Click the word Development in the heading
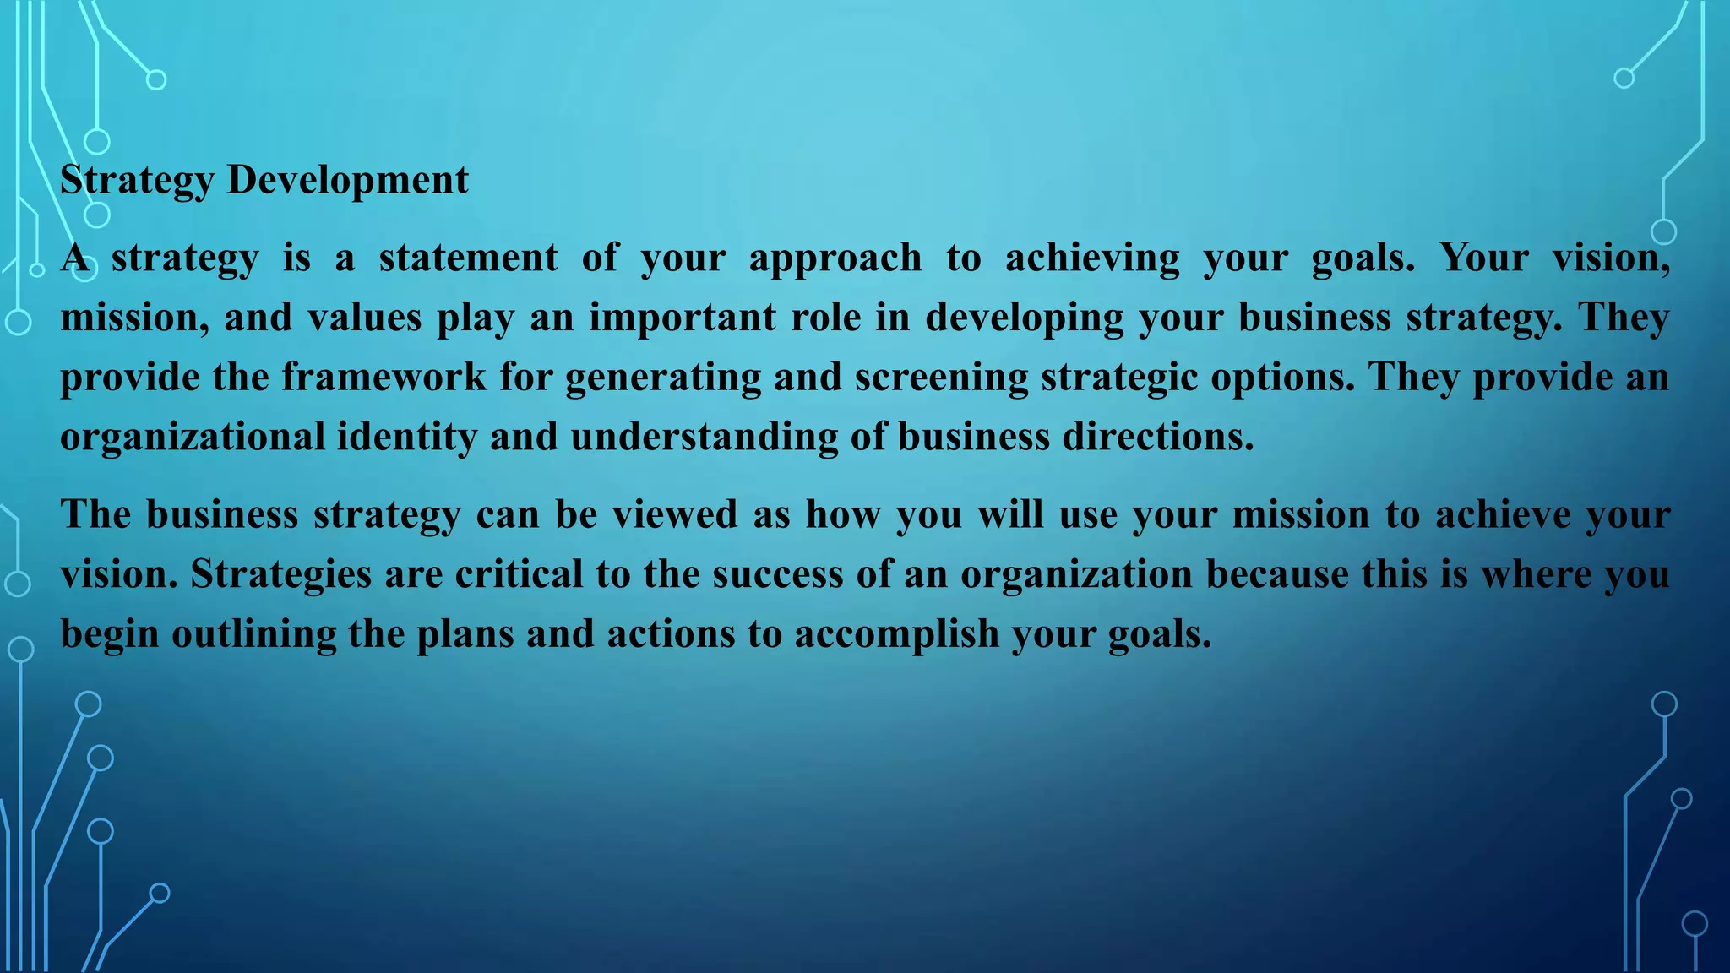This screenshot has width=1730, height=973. tap(347, 180)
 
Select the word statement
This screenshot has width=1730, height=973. tap(469, 258)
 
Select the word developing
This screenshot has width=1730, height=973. tap(1025, 318)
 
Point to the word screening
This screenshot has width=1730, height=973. tap(941, 377)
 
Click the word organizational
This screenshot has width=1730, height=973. tap(193, 437)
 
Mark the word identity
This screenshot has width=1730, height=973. tap(407, 437)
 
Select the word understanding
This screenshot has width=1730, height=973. tap(705, 437)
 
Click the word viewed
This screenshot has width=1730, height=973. tap(675, 514)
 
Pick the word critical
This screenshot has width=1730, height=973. tap(519, 574)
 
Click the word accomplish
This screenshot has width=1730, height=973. tap(896, 633)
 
